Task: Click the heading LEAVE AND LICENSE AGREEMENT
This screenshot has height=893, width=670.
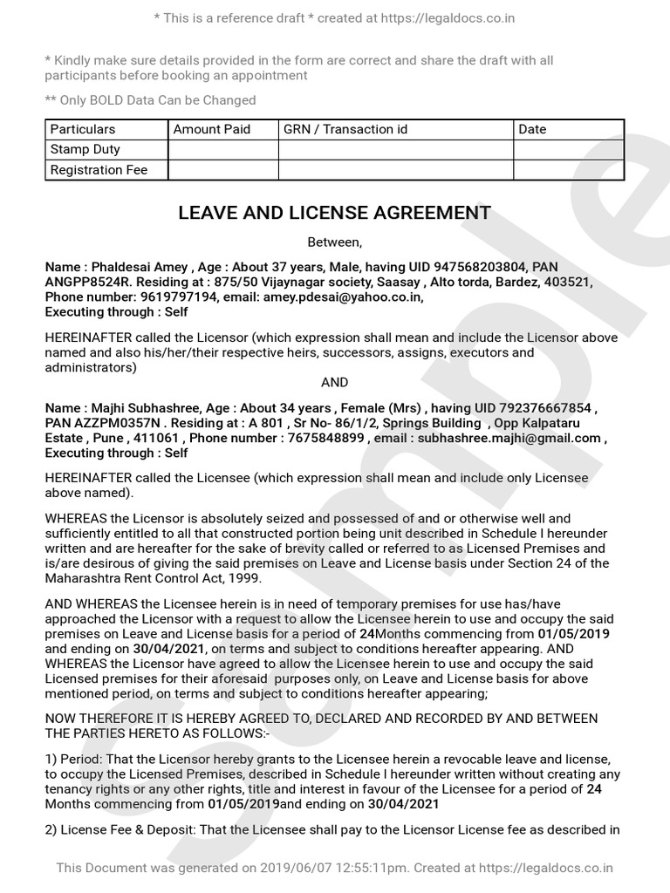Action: click(x=334, y=213)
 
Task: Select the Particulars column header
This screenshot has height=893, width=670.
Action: click(x=83, y=129)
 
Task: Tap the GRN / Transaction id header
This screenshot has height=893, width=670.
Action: click(x=345, y=129)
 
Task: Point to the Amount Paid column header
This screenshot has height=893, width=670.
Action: click(x=212, y=129)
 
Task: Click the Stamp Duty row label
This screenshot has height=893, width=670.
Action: click(x=85, y=149)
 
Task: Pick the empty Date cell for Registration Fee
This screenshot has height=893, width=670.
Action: click(x=568, y=170)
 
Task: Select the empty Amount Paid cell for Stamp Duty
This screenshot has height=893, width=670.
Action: click(x=222, y=149)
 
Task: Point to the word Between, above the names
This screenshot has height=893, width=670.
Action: click(x=334, y=242)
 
